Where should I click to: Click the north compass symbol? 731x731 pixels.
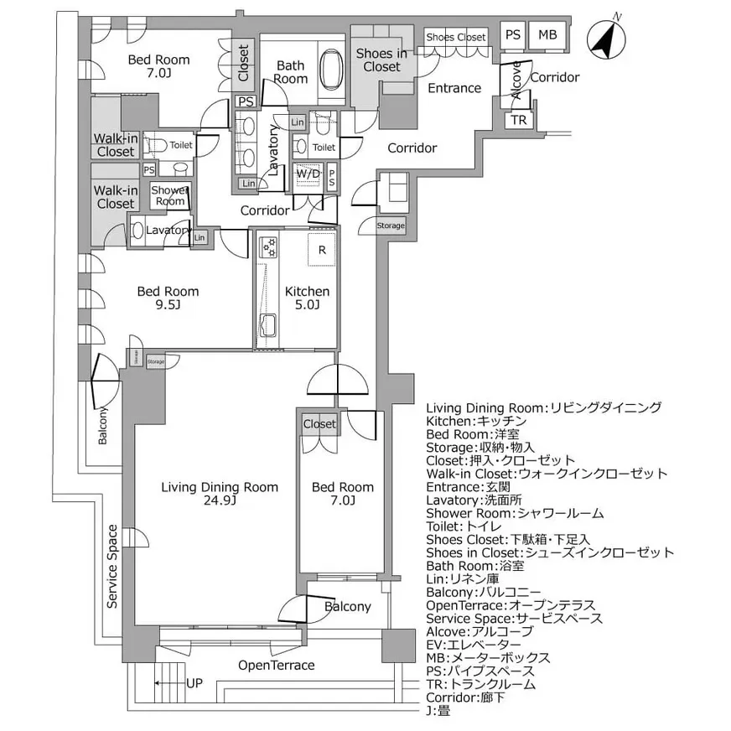pos(607,39)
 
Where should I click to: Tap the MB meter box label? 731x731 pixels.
pos(547,34)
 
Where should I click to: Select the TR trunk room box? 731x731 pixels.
pos(519,121)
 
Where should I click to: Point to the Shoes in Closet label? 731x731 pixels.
pos(381,60)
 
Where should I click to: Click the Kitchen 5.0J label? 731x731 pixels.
pos(308,298)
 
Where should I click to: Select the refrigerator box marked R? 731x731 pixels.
pos(322,250)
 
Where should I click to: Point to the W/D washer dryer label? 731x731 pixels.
pos(308,174)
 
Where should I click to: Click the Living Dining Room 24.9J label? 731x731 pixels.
pos(220,494)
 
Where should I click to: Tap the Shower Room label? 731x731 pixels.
pos(169,195)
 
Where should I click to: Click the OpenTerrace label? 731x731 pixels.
pos(276,666)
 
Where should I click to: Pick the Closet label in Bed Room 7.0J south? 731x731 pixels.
pos(319,424)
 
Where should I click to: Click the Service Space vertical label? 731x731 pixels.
pos(112,566)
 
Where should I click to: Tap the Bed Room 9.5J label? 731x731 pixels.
pos(168,298)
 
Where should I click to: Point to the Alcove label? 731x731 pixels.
pos(517,80)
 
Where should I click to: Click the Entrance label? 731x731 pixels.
pos(454,88)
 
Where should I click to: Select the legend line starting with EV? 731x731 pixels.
pos(473,644)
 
